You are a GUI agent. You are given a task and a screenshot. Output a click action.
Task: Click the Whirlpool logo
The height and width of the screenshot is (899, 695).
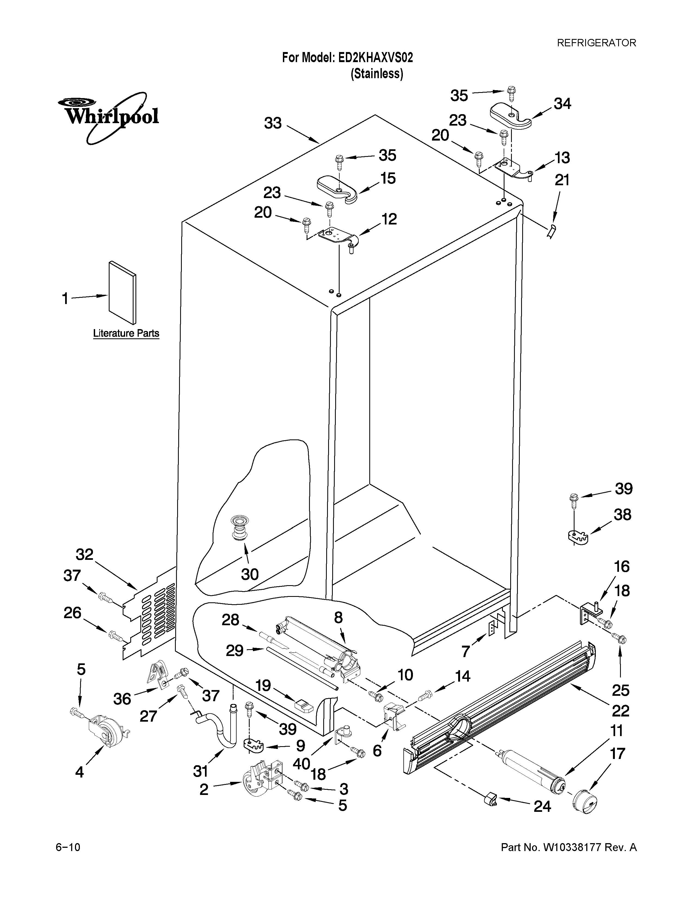click(x=108, y=117)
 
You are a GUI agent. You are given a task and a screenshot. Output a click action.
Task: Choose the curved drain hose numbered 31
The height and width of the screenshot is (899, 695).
click(x=222, y=727)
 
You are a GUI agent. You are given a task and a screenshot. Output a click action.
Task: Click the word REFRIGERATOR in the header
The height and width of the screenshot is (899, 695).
click(x=596, y=43)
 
